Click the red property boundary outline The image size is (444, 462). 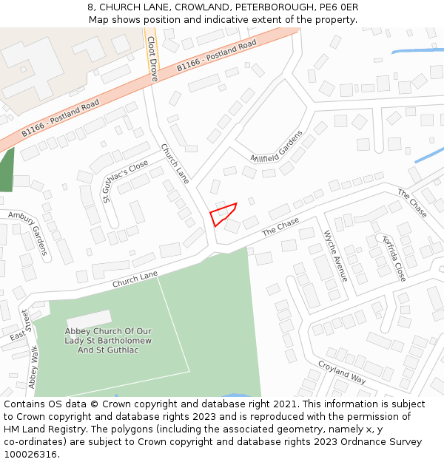[223, 214]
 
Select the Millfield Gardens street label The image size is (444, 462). [277, 148]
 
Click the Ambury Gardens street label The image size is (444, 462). [28, 232]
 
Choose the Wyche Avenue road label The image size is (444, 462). [335, 256]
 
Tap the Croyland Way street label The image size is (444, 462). [342, 371]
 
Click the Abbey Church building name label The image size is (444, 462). [109, 340]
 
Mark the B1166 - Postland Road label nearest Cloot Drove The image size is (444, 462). [216, 56]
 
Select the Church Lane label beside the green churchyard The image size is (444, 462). [135, 279]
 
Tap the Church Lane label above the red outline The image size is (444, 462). [175, 163]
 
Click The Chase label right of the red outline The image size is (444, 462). [280, 227]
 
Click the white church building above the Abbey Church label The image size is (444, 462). [89, 319]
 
